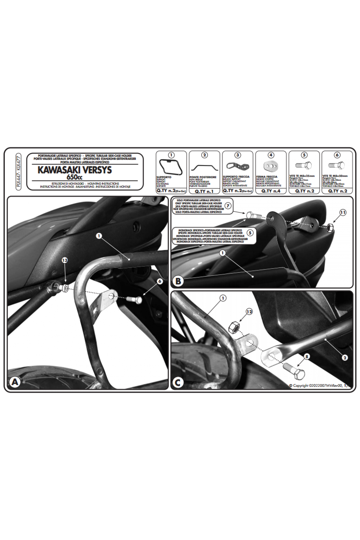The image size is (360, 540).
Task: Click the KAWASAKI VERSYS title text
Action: [x=74, y=170]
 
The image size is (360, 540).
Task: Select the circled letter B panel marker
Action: [x=178, y=281]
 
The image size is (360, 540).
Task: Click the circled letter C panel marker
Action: [x=178, y=382]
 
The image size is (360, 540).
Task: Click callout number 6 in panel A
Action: [x=160, y=281]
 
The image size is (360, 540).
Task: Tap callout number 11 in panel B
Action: [x=343, y=212]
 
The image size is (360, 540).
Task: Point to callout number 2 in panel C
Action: [x=345, y=358]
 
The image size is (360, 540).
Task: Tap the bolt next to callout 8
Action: [x=294, y=371]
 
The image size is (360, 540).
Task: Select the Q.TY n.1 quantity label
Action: [x=204, y=191]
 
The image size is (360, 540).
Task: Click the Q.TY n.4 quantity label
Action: [x=271, y=191]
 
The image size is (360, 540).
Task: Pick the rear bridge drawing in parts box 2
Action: [x=204, y=166]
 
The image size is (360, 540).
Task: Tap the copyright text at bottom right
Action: [x=319, y=385]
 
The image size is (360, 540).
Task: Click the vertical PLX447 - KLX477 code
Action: [x=19, y=171]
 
